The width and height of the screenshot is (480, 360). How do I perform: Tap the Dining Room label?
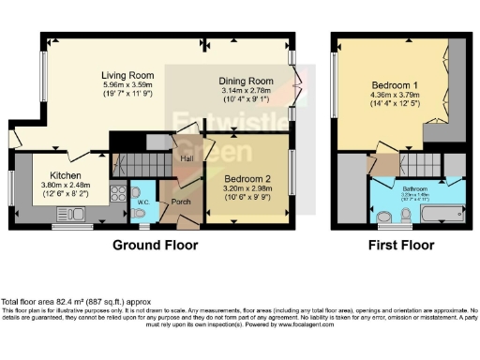pos(246,82)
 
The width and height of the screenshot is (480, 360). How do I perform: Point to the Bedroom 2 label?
pos(248,152)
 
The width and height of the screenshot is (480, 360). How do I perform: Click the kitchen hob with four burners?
pos(119,194)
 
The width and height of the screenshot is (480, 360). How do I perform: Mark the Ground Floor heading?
pos(155,247)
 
